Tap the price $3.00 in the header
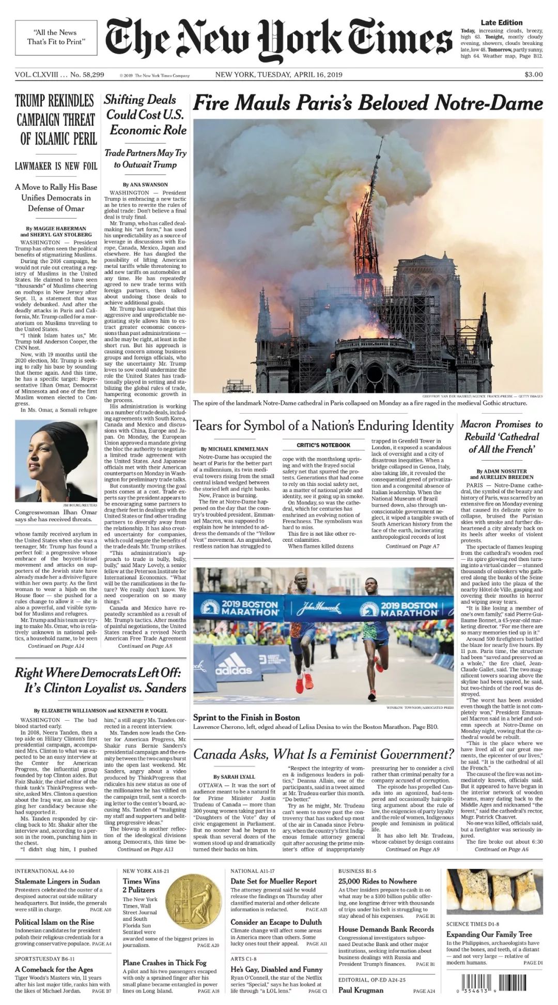pos(533,74)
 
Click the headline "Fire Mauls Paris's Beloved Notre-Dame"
pos(367,103)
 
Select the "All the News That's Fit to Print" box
pos(56,37)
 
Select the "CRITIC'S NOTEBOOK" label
pos(323,445)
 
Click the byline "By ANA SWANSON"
pos(145,185)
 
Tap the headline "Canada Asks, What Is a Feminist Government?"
pos(323,754)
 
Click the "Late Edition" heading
pos(501,23)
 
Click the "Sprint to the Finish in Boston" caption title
pos(246,717)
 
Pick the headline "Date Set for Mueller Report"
pos(273,881)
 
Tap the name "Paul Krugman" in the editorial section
pos(361,990)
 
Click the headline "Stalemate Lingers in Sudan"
pos(57,881)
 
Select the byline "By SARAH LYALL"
pos(234,776)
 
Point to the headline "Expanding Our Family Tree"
pos(489,934)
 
